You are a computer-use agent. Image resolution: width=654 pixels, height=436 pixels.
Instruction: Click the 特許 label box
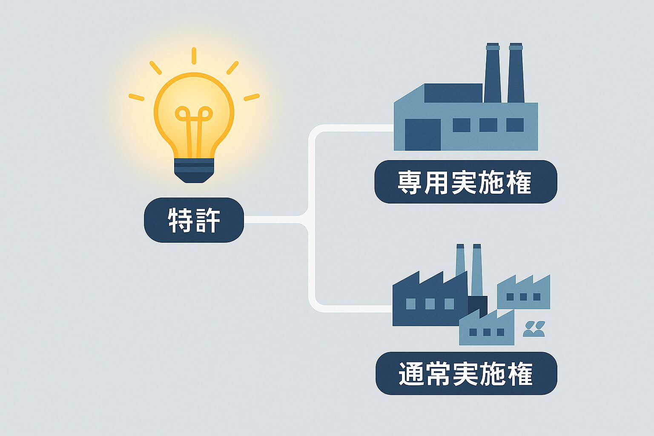[x=194, y=220]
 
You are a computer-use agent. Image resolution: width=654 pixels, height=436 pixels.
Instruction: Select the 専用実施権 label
[x=465, y=182]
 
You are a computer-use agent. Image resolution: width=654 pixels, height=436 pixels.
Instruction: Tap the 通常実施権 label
[x=466, y=373]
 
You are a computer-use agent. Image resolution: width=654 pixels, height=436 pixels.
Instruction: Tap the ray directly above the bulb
[x=194, y=56]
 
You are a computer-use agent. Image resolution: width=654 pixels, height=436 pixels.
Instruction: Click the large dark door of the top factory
[x=422, y=135]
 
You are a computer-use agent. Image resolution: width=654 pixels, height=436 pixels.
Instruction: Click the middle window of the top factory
[x=488, y=125]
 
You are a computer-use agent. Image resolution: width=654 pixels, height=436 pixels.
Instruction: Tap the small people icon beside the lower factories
[x=534, y=329]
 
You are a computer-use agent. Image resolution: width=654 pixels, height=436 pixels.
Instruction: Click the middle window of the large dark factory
[x=430, y=304]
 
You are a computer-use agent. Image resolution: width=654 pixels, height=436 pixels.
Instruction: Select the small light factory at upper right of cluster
[x=524, y=294]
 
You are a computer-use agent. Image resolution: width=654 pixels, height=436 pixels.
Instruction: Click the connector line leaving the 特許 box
[x=272, y=219]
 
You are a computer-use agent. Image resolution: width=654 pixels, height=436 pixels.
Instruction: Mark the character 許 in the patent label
[x=207, y=220]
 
